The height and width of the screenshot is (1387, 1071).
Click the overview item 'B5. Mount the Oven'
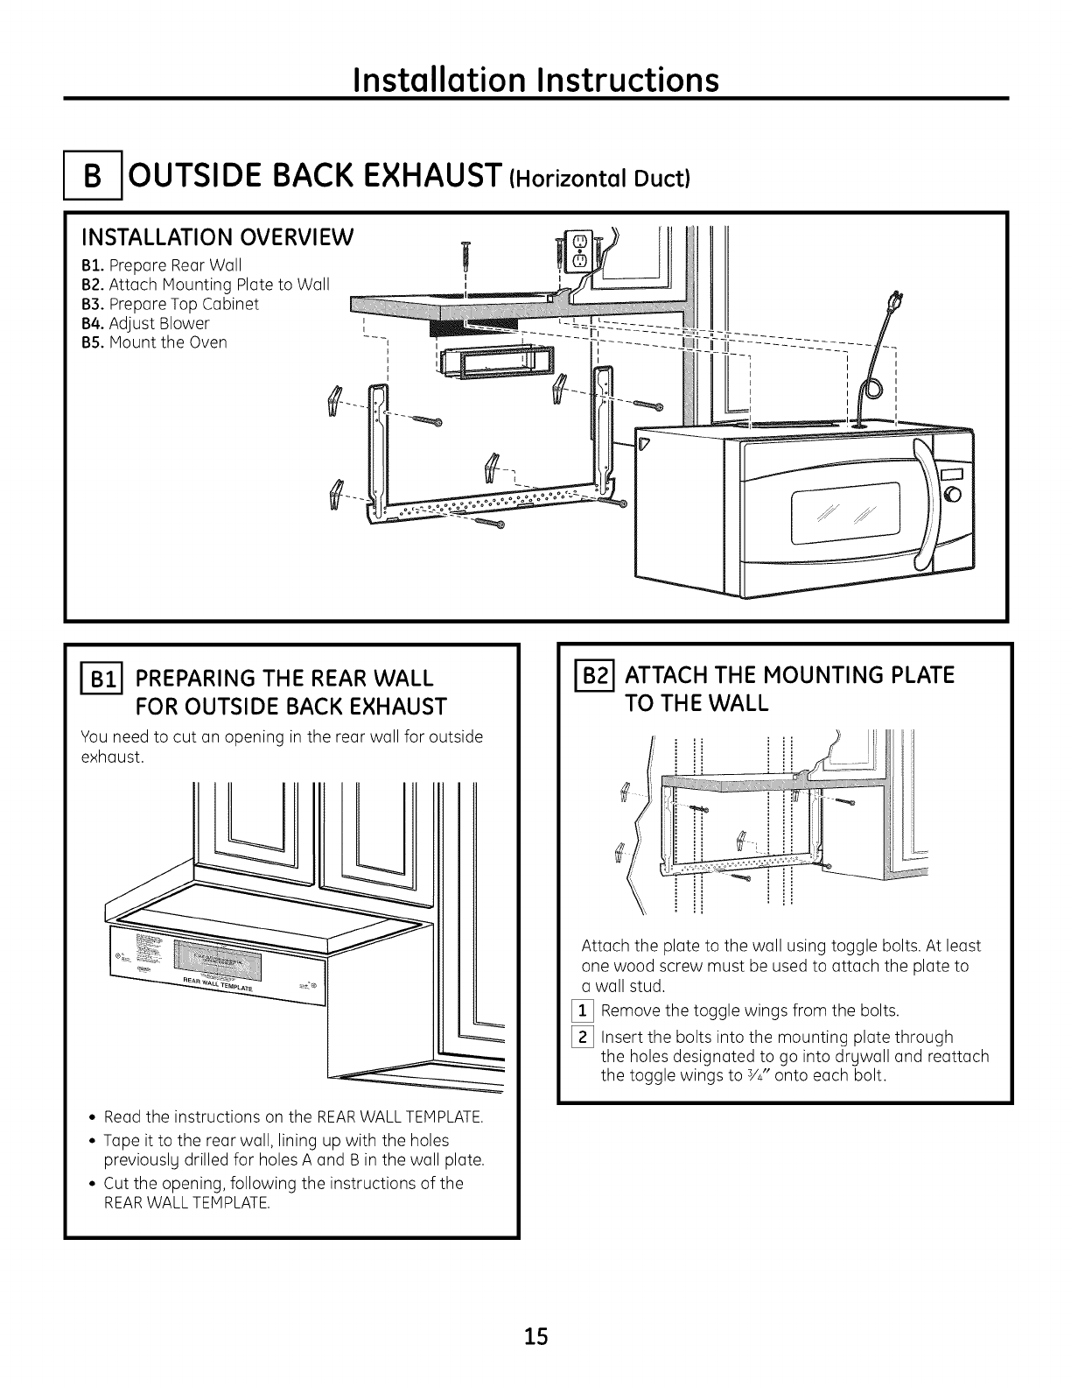[154, 342]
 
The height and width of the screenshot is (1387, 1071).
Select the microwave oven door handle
[922, 505]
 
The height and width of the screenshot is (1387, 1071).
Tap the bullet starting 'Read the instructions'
[293, 1118]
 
